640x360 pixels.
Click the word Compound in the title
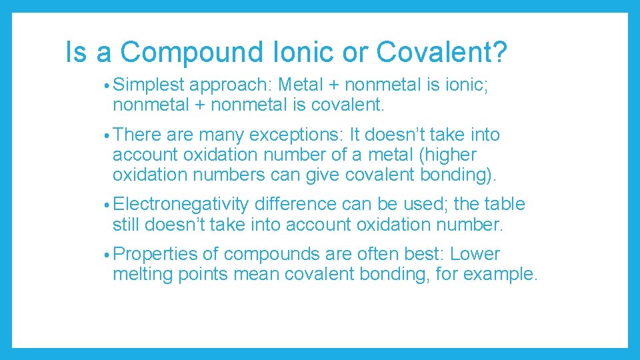coord(189,52)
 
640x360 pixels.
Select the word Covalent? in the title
coord(441,52)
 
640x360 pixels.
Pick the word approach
coord(230,85)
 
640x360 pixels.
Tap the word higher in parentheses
coord(451,155)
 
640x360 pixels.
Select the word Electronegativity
coord(181,205)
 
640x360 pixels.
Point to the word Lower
coord(475,254)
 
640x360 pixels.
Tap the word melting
coord(143,275)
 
